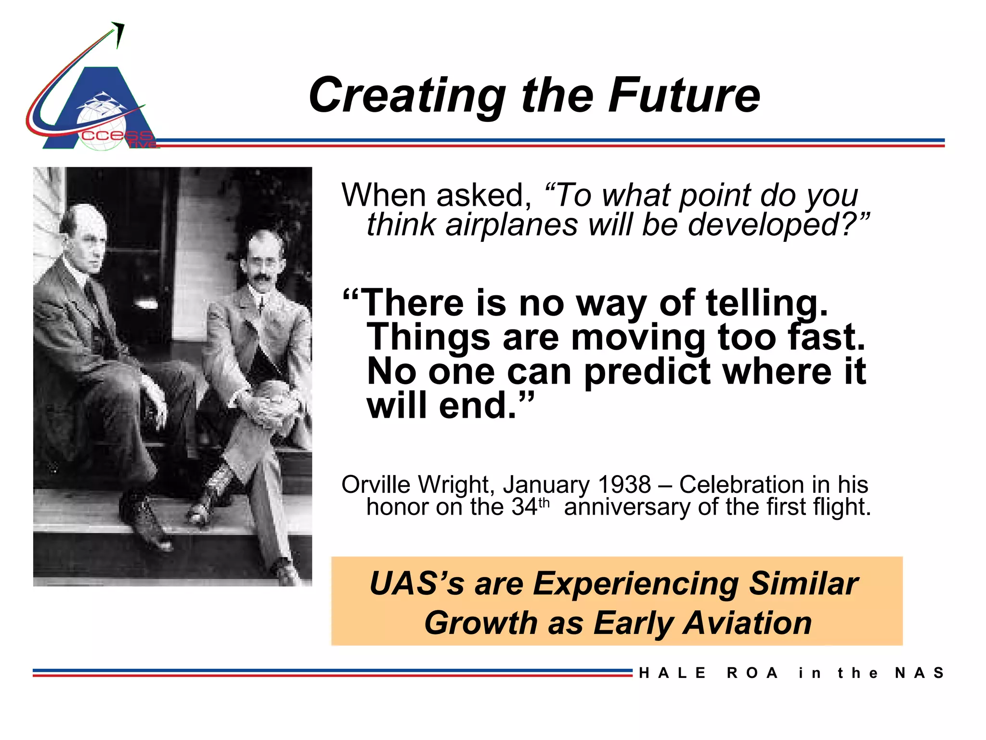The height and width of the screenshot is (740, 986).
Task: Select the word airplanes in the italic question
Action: pos(511,225)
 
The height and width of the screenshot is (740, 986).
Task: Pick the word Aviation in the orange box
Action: pos(747,623)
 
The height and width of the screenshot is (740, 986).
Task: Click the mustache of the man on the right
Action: pos(261,278)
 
